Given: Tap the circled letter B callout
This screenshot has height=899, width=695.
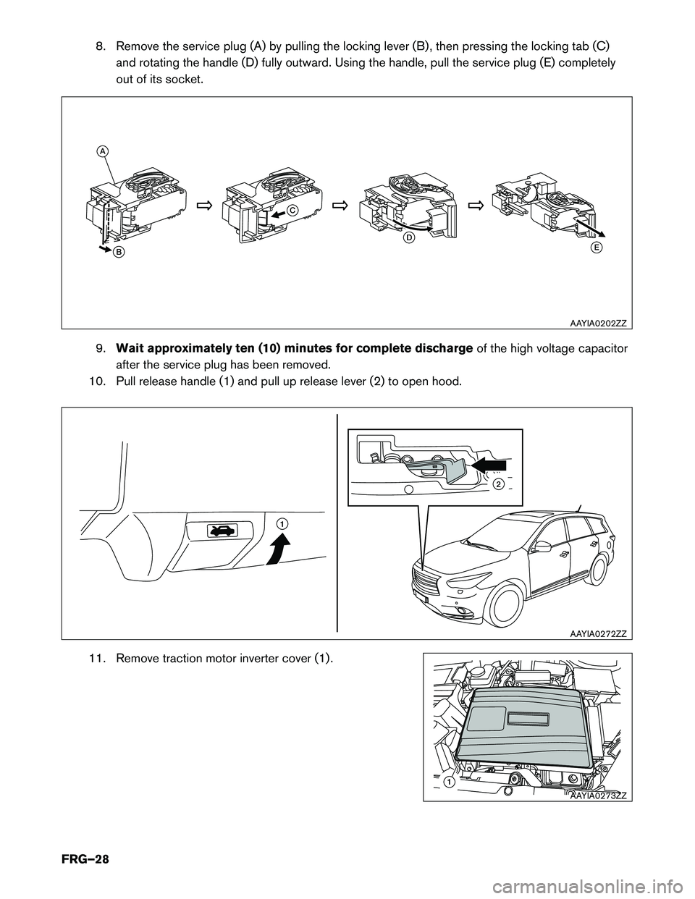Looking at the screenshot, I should click(117, 252).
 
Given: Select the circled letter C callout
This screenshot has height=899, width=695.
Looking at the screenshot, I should click(290, 210).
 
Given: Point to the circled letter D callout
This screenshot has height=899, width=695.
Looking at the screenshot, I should click(408, 237).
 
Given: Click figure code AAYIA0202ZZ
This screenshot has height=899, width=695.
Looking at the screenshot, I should click(597, 323).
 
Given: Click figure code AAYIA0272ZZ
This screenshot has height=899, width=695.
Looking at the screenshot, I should click(597, 633).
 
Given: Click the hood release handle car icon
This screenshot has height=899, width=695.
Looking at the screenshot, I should click(220, 531).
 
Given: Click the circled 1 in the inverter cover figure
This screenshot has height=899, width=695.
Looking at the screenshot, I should click(450, 782).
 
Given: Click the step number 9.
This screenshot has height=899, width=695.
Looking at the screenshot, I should click(101, 350).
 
